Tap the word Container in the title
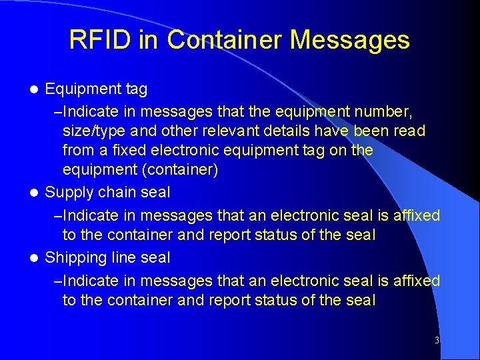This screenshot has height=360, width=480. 224,40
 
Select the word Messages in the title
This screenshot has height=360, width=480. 350,40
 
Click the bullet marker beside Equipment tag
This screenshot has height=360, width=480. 37,89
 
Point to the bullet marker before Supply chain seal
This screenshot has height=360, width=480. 37,193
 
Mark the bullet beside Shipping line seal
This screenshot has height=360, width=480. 37,258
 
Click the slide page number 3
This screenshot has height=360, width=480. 437,341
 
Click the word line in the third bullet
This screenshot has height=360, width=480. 127,258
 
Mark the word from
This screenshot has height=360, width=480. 77,151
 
